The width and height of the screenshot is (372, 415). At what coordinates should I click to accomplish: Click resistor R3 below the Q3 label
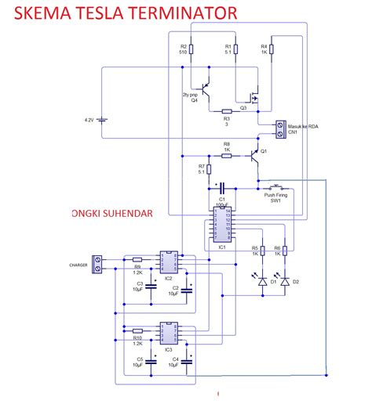[x=226, y=110]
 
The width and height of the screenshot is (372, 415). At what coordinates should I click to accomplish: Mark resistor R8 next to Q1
[x=226, y=156]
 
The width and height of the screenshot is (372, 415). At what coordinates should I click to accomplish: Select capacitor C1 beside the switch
[x=221, y=188]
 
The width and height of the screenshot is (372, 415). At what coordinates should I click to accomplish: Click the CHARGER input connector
[x=98, y=264]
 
